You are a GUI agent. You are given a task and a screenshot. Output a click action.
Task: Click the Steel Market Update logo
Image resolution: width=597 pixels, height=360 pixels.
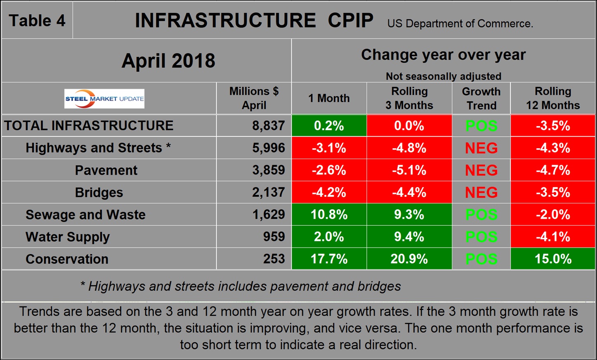click(104, 99)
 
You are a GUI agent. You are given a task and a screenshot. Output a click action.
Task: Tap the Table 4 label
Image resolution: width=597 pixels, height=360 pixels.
click(37, 21)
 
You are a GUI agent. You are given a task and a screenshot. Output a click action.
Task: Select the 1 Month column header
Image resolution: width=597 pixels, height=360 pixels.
click(329, 98)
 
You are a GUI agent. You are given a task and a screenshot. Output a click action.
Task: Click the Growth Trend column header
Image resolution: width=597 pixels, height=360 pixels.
click(481, 98)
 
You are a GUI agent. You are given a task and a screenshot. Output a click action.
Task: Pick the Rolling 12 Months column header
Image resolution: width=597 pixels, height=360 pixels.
click(553, 98)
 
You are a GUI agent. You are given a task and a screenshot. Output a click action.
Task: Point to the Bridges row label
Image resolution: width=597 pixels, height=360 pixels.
click(99, 192)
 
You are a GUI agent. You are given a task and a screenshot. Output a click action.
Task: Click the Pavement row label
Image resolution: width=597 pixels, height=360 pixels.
click(106, 170)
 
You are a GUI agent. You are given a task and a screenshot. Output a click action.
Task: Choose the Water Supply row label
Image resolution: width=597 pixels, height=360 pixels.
click(68, 237)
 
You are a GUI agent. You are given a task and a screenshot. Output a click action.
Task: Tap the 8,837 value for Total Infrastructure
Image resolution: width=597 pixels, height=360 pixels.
click(268, 126)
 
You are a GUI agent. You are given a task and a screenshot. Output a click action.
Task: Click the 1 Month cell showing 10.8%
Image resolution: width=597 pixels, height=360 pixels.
click(329, 215)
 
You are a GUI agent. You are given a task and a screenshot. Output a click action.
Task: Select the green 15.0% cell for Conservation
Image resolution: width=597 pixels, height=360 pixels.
click(553, 259)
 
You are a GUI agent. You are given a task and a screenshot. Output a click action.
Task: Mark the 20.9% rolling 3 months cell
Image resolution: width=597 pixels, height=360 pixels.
click(409, 259)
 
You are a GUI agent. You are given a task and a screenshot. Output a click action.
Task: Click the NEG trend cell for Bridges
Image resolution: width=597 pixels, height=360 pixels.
click(481, 192)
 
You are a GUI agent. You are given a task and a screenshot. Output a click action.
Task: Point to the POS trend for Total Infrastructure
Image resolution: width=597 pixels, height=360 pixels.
click(481, 126)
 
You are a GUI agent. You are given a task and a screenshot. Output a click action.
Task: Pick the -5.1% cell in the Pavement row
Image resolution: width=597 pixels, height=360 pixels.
click(409, 170)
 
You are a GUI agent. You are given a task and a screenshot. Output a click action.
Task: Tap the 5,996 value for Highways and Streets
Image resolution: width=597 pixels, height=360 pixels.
click(268, 148)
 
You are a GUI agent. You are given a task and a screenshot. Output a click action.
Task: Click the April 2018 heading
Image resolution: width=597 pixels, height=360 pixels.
click(168, 61)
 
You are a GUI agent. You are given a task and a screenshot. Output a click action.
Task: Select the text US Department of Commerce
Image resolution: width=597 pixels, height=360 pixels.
click(460, 23)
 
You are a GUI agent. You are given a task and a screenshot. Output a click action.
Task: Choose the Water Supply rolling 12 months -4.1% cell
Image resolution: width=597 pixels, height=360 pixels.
click(553, 237)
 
